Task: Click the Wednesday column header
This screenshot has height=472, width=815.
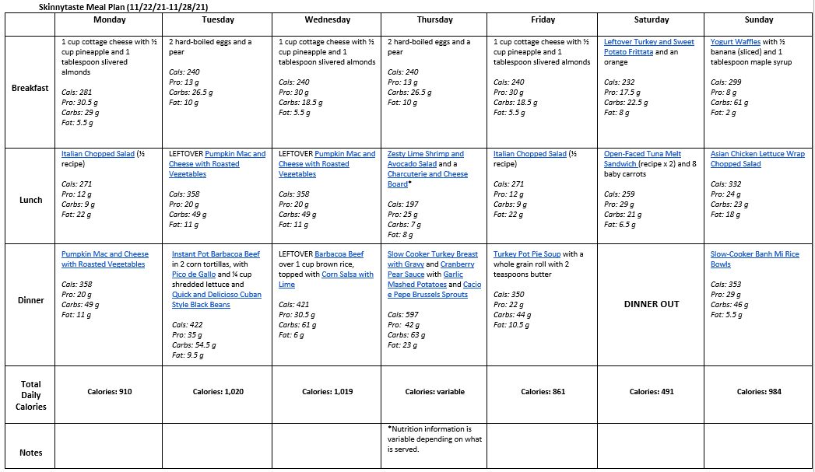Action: click(328, 20)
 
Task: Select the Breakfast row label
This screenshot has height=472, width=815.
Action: click(30, 88)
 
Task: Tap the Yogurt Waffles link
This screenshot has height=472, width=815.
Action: click(736, 42)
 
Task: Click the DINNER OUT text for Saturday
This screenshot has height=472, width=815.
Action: click(652, 304)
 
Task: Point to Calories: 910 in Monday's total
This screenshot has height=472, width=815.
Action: click(109, 392)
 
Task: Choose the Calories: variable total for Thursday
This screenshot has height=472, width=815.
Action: click(434, 392)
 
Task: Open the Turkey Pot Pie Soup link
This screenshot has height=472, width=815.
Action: click(527, 254)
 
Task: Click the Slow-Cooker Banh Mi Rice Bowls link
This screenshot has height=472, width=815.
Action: click(754, 259)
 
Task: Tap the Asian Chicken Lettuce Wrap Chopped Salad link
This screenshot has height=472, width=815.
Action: click(757, 159)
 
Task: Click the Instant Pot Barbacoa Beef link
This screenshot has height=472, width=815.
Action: click(216, 254)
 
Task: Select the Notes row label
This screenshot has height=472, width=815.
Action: click(30, 453)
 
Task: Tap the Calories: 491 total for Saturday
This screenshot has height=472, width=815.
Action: click(651, 392)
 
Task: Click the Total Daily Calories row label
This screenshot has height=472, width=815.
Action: click(30, 395)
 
